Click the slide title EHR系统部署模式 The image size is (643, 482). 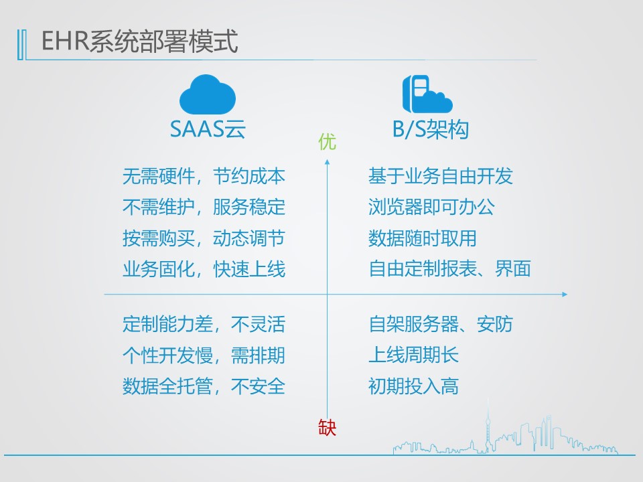click(139, 41)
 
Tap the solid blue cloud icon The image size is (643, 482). click(208, 94)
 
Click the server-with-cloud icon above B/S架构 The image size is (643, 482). click(427, 94)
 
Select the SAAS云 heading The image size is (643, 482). click(208, 129)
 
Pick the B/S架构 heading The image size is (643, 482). click(431, 129)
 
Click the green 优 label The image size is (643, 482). click(328, 142)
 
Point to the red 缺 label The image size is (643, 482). click(328, 428)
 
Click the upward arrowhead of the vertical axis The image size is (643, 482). click(328, 162)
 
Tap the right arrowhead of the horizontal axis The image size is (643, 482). click(565, 295)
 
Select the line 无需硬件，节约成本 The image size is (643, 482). click(204, 176)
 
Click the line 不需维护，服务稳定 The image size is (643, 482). click(204, 207)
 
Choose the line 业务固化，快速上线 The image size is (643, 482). click(204, 269)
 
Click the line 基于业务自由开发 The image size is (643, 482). click(441, 176)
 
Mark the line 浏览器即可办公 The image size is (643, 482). click(431, 207)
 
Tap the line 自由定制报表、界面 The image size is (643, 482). click(449, 269)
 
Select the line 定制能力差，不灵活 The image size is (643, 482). click(204, 324)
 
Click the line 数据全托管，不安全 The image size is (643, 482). click(204, 386)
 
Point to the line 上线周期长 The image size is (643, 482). click(413, 355)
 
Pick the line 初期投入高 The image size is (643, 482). click(413, 386)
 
